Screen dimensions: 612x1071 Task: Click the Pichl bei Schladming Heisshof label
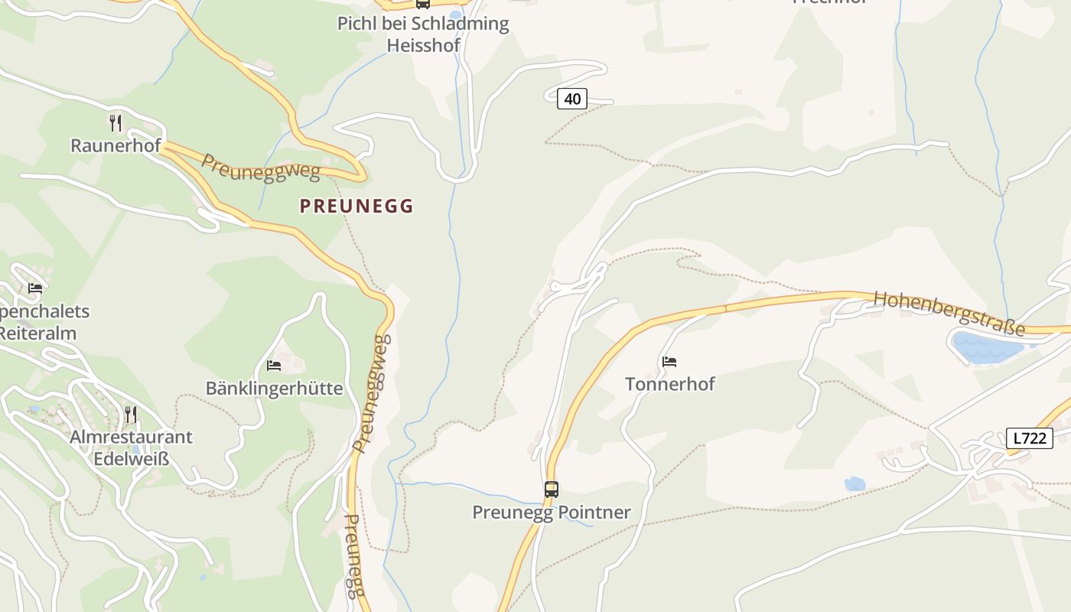(x=423, y=34)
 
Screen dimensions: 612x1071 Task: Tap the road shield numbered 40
(x=572, y=98)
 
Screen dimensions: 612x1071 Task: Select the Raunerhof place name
(x=116, y=145)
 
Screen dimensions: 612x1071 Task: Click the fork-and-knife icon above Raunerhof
(x=116, y=122)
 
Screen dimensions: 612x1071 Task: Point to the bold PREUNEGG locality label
(x=356, y=206)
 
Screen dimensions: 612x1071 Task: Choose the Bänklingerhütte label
(x=274, y=388)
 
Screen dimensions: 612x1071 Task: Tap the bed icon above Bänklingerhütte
(x=274, y=365)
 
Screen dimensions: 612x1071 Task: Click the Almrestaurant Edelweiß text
(x=131, y=448)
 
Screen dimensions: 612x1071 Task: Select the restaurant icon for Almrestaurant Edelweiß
(x=131, y=415)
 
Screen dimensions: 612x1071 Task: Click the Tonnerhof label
(x=669, y=384)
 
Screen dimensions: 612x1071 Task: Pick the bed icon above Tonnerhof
(x=669, y=361)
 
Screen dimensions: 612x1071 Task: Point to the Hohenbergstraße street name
(x=949, y=313)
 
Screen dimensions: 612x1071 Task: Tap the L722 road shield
(x=1029, y=438)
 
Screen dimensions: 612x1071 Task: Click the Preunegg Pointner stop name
(x=551, y=513)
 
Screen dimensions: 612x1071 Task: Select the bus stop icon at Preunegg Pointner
(x=551, y=489)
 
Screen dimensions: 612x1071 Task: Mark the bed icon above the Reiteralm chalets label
(x=34, y=288)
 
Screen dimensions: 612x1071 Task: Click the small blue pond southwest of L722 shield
(x=855, y=483)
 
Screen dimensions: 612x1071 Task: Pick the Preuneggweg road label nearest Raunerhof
(x=260, y=168)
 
